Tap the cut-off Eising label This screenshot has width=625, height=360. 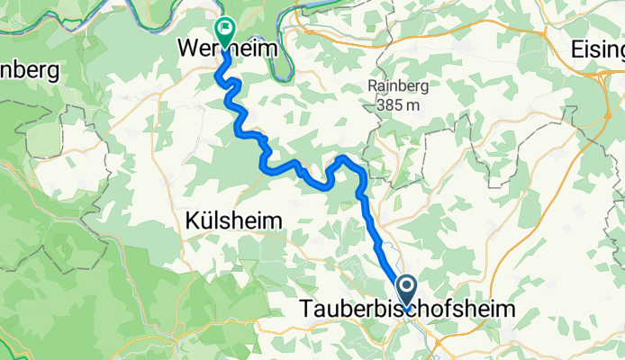pos(597,52)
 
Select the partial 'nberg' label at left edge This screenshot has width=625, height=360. pos(29,69)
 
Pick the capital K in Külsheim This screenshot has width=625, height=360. pos(192,220)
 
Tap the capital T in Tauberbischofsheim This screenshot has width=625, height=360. pos(303,310)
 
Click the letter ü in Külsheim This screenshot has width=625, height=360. pos(205,220)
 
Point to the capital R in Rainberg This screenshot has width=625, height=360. pos(372,87)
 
